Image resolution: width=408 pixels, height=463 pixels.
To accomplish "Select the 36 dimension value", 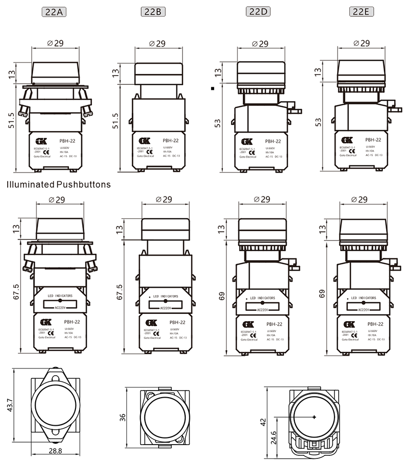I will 123,417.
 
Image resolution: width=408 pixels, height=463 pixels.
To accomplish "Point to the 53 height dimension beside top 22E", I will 319,121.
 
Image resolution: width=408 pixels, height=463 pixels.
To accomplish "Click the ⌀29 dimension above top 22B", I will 158,43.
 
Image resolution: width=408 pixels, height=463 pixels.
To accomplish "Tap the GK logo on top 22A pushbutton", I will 41,141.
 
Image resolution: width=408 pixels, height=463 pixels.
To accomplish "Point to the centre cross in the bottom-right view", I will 313,418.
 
